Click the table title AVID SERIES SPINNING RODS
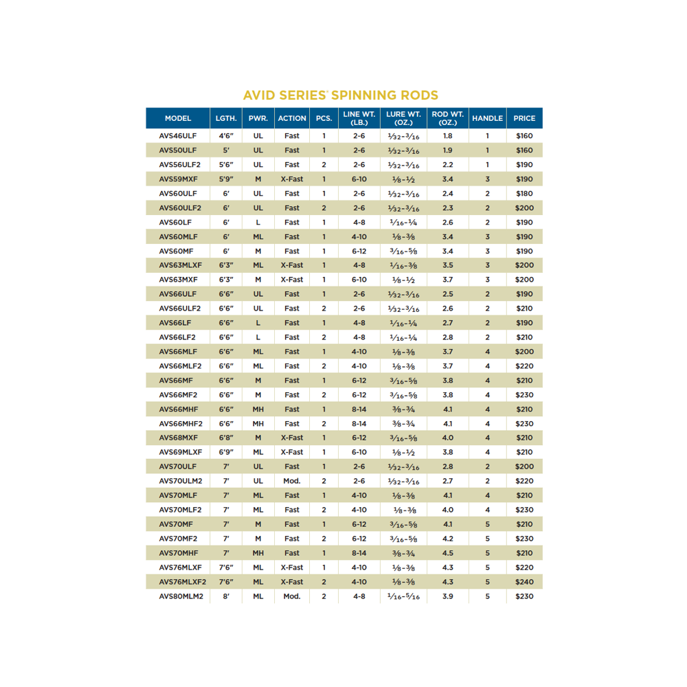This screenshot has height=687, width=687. click(341, 95)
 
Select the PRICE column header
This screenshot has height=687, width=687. click(524, 118)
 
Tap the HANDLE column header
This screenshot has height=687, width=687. click(488, 118)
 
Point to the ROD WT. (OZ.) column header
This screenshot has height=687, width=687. click(448, 118)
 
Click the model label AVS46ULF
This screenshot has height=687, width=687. click(178, 136)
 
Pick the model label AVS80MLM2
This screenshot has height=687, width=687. click(181, 596)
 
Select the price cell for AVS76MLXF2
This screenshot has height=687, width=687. click(524, 582)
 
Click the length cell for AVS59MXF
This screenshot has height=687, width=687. click(226, 179)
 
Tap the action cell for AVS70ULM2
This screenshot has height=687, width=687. click(292, 481)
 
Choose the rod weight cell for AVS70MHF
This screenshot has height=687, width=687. click(448, 553)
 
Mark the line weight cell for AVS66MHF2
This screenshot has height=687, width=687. click(359, 424)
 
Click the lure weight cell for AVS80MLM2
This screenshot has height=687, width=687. click(404, 596)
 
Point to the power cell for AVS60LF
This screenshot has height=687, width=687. click(258, 223)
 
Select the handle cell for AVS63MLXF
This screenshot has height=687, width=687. click(488, 265)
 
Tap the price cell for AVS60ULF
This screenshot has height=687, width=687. click(524, 194)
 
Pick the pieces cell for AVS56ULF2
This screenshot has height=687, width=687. click(324, 165)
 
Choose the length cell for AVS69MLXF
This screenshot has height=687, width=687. click(226, 452)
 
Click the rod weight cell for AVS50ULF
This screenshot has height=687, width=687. click(448, 150)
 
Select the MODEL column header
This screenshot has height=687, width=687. click(178, 118)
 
